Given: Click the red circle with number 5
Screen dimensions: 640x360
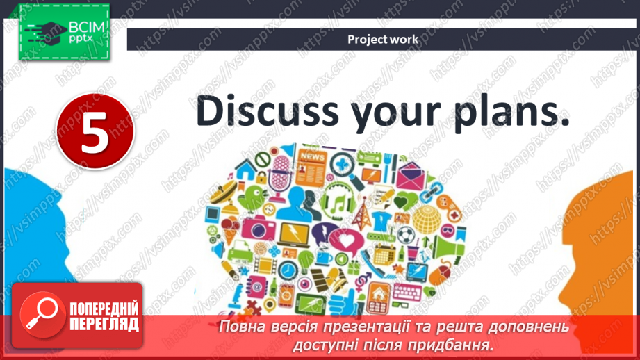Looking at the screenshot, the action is pyautogui.click(x=95, y=131).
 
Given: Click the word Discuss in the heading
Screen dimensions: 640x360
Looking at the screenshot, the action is pyautogui.click(x=268, y=111).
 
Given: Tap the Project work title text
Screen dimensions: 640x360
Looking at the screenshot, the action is pyautogui.click(x=383, y=40).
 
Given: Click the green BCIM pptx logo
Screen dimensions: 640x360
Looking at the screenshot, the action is pyautogui.click(x=64, y=32).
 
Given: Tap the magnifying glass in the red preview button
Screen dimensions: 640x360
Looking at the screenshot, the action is pyautogui.click(x=41, y=314).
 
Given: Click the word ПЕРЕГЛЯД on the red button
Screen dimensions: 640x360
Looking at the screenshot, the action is pyautogui.click(x=104, y=325).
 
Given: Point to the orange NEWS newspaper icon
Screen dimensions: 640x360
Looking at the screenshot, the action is pyautogui.click(x=311, y=167).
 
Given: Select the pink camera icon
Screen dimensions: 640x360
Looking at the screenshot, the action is pyautogui.click(x=258, y=229).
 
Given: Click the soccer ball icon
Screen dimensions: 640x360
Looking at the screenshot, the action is pyautogui.click(x=406, y=235).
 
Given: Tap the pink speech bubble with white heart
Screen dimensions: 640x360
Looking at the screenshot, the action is pyautogui.click(x=347, y=241).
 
